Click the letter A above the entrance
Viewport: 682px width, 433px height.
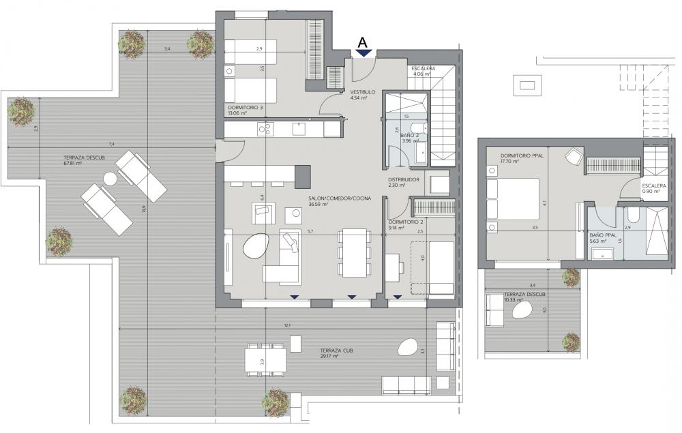click(363, 42)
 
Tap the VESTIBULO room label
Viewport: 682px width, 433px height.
click(362, 92)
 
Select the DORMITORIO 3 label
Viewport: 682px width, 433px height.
click(246, 107)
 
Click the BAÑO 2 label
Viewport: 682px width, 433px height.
click(409, 135)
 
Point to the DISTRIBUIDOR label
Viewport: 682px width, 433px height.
click(404, 179)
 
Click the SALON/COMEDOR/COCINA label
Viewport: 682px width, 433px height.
click(340, 198)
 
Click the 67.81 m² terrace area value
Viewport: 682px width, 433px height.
click(73, 164)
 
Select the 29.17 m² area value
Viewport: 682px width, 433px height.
click(329, 356)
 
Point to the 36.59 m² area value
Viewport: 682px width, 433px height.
click(318, 204)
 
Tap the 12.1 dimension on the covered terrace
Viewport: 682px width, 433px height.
click(287, 325)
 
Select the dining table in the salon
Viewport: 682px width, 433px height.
click(355, 254)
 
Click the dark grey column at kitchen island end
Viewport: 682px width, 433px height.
click(303, 177)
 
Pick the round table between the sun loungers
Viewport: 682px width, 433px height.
click(110, 179)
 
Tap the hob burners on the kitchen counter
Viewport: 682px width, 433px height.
click(265, 129)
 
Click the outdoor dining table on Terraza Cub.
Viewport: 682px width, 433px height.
click(265, 361)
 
